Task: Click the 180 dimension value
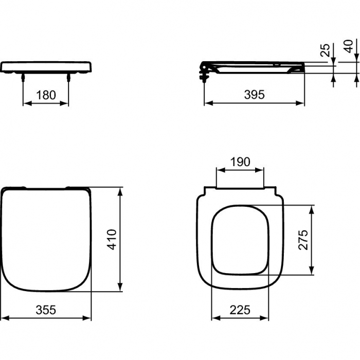46,95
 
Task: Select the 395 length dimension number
254,95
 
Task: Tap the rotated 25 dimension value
325,50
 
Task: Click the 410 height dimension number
113,239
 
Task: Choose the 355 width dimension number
46,310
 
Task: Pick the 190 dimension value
240,162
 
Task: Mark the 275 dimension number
304,240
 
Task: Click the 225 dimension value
240,310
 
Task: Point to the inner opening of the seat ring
240,240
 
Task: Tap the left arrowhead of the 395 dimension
207,103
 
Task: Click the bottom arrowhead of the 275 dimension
312,272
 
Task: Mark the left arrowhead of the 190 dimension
218,170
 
